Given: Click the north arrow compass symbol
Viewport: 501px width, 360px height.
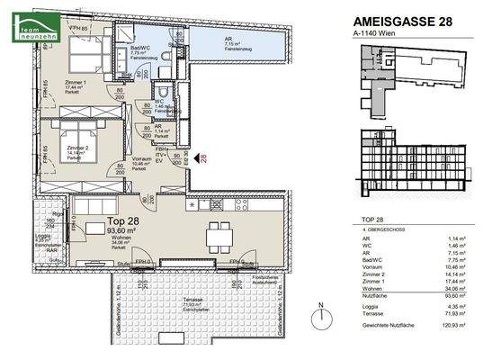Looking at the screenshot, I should (320, 319).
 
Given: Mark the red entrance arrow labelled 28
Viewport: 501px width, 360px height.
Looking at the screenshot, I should (201, 160).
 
